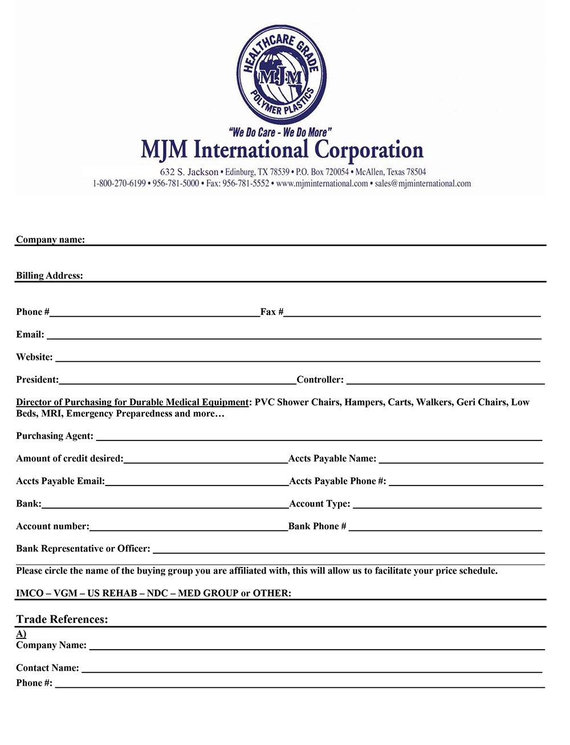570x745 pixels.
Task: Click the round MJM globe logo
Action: point(282,74)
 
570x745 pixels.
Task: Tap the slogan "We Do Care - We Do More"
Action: point(281,132)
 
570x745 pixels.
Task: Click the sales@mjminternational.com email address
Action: point(422,184)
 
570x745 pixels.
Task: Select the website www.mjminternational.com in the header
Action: point(321,184)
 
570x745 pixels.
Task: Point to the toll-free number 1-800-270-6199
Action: point(119,184)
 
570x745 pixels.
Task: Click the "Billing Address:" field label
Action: point(50,276)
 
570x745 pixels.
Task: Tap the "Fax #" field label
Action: point(272,312)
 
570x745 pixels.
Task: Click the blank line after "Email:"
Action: point(294,337)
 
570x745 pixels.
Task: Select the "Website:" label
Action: point(34,358)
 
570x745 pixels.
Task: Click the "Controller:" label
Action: point(320,380)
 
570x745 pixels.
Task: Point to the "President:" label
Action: point(37,380)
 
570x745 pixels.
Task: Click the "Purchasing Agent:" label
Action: point(55,436)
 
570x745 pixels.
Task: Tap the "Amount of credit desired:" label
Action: point(70,459)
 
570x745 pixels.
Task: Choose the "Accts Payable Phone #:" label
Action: point(337,481)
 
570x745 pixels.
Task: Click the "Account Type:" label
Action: point(320,504)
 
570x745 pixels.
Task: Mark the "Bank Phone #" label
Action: point(317,527)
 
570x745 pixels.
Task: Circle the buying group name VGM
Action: point(66,593)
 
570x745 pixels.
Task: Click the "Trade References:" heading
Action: point(62,620)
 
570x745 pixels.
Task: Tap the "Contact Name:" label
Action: point(47,668)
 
